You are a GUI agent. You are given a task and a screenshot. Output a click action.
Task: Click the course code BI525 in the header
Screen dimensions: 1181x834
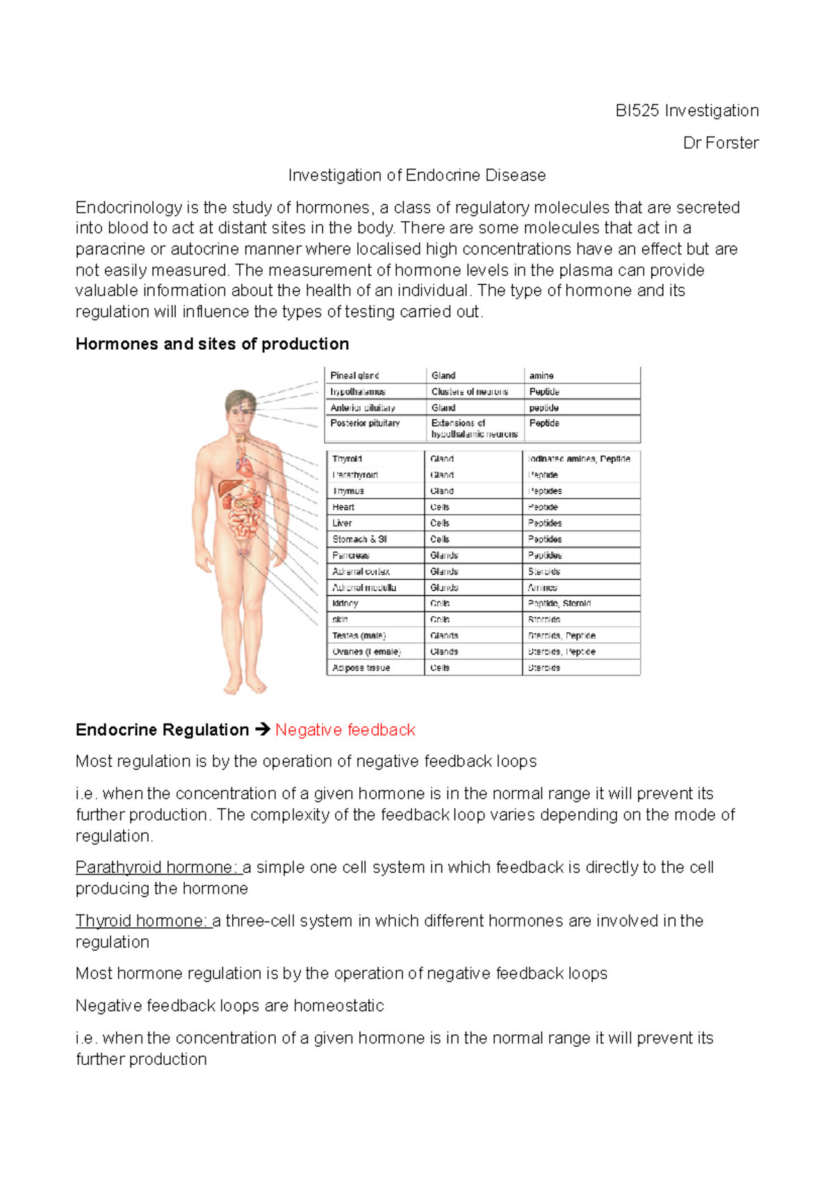[637, 111]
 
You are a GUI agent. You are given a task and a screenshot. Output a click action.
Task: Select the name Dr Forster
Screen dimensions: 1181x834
[721, 143]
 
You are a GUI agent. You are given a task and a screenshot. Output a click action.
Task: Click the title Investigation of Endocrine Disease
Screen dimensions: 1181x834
[417, 175]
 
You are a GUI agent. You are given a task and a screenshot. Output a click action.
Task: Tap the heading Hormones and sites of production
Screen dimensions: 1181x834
[212, 344]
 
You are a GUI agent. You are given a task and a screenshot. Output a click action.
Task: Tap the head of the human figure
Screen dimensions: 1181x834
[240, 407]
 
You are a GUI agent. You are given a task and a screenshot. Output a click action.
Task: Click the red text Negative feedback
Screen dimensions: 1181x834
[345, 730]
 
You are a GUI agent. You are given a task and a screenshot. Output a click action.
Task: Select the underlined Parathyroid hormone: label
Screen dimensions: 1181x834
[156, 867]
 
